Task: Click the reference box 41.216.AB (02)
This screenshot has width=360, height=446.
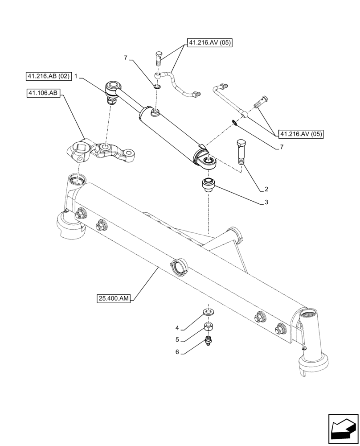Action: click(x=49, y=76)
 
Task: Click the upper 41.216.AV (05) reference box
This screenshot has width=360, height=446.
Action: click(x=210, y=43)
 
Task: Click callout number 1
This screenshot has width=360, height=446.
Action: click(x=76, y=76)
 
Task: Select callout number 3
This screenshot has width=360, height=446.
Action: click(x=266, y=202)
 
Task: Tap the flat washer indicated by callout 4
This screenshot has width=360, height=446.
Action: click(x=208, y=310)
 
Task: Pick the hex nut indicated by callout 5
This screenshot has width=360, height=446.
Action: click(x=208, y=327)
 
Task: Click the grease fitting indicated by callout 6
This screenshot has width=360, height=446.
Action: click(x=208, y=343)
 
